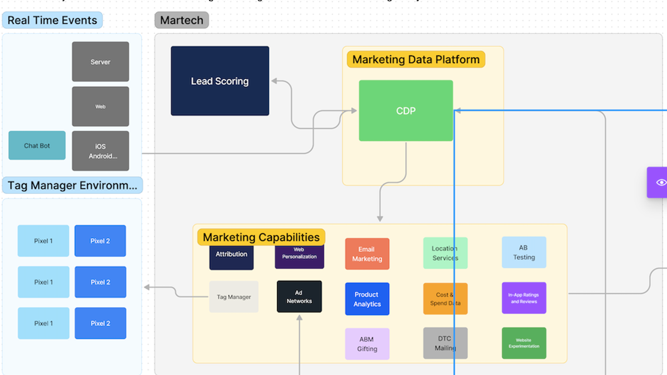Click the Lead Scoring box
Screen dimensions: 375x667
pos(220,81)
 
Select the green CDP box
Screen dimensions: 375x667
pos(406,111)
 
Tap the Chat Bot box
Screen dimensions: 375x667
pos(37,146)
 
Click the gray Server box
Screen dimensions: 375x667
pos(101,62)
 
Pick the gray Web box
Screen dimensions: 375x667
pos(101,106)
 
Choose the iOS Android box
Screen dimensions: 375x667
pos(101,151)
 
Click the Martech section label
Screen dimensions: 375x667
pos(182,21)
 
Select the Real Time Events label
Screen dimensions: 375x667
pos(52,21)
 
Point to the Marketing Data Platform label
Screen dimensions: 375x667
pos(416,59)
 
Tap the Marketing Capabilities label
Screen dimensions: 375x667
pos(261,237)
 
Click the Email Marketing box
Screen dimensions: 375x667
pos(367,254)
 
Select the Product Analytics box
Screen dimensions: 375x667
pos(367,299)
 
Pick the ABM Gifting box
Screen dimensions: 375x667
pos(367,344)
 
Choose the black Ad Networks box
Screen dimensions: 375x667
pos(299,297)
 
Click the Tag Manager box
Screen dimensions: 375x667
pos(233,297)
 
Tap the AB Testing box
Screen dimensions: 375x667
pos(524,252)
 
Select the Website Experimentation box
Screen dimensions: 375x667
pos(524,343)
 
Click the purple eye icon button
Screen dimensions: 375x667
pos(659,182)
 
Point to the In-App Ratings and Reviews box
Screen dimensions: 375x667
pos(524,298)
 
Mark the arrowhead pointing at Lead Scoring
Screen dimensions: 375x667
pos(274,81)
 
